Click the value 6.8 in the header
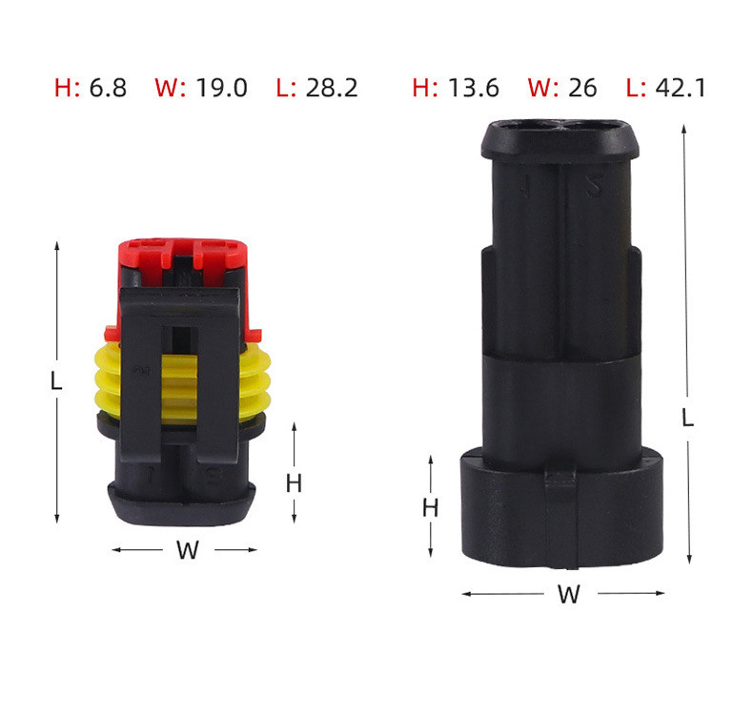tap(108, 89)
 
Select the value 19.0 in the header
tap(221, 89)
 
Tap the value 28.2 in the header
tap(332, 89)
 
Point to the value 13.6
tap(474, 89)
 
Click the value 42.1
tap(680, 89)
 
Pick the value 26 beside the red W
tap(581, 89)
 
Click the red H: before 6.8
tap(67, 89)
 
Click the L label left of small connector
tap(56, 381)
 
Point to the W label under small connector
tap(187, 550)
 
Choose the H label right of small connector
tap(294, 483)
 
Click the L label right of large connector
tap(687, 418)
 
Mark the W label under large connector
tap(568, 595)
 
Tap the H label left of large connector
tap(431, 508)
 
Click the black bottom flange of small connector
tap(181, 501)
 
